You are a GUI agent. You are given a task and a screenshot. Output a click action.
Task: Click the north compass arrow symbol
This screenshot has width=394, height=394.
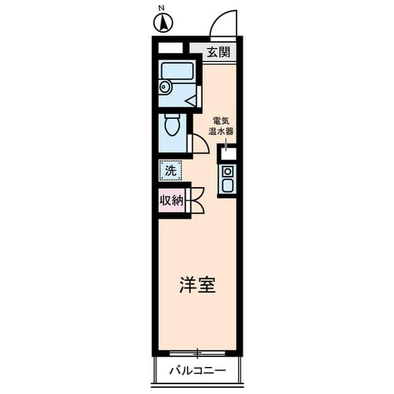pos(163,23)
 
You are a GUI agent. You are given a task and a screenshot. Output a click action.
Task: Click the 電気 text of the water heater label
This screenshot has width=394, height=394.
pos(223,121)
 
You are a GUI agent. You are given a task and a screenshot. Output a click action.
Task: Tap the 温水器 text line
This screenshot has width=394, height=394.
pos(223,131)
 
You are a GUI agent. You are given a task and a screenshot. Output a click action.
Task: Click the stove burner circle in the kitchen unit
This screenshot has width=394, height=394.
pos(227,171)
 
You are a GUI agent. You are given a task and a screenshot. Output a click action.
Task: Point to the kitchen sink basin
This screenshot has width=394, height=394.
pos(227,185)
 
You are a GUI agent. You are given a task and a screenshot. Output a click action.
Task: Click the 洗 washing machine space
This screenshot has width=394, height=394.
pos(171,170)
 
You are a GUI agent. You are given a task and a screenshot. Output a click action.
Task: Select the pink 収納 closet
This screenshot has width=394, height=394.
pos(172,200)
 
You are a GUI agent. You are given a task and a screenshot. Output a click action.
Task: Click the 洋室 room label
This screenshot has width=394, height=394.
pos(197,286)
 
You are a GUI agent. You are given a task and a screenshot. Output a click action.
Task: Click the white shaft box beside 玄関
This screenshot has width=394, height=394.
pos(171,47)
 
